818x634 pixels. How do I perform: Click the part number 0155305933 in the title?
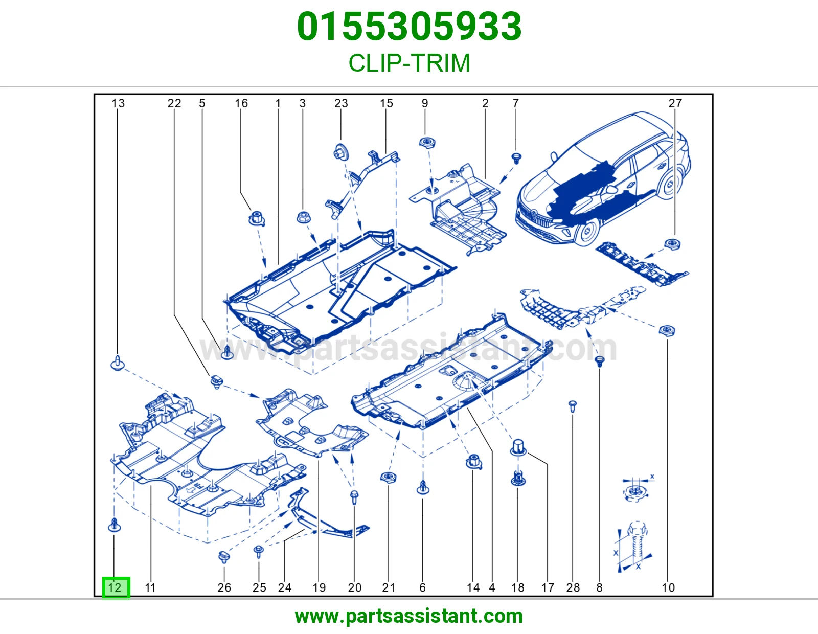coord(409,27)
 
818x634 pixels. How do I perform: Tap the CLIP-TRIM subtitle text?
coord(409,63)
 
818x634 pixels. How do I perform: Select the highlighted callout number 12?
coord(116,587)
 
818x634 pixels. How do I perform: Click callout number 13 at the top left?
coord(118,103)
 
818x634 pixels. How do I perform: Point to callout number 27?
coord(675,103)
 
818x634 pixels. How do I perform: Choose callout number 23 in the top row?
coord(341,103)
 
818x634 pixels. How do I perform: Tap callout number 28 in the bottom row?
coord(573,587)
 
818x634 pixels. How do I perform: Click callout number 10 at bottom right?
coord(668,587)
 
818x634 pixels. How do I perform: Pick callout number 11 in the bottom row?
coord(150,587)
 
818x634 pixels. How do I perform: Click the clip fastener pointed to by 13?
coord(118,363)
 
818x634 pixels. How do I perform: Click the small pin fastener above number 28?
coord(573,406)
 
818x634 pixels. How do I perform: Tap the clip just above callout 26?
coord(224,556)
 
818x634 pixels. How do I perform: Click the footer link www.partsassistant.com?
coord(409,616)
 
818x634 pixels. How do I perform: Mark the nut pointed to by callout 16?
coord(257,219)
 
